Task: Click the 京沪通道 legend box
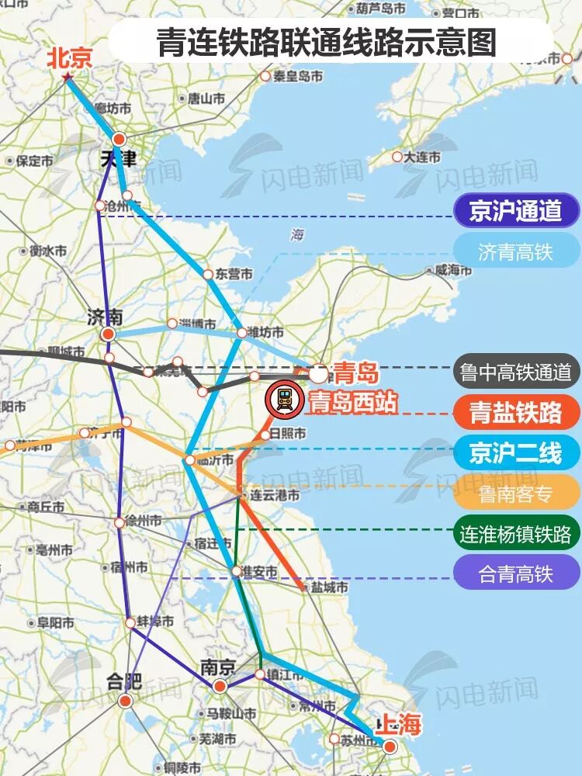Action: tap(516, 210)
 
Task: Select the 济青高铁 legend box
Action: tap(516, 251)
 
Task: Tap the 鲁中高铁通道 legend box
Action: tap(516, 372)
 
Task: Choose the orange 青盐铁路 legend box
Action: tap(516, 412)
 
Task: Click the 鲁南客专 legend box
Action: tap(516, 493)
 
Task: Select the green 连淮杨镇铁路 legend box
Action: tap(516, 534)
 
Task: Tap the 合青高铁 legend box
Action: tap(516, 575)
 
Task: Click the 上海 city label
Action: tap(398, 726)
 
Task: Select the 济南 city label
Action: tap(106, 317)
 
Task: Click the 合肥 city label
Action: tap(125, 682)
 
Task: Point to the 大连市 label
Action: tap(421, 157)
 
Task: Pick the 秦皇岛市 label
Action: tap(297, 76)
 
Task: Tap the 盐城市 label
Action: tap(326, 587)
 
